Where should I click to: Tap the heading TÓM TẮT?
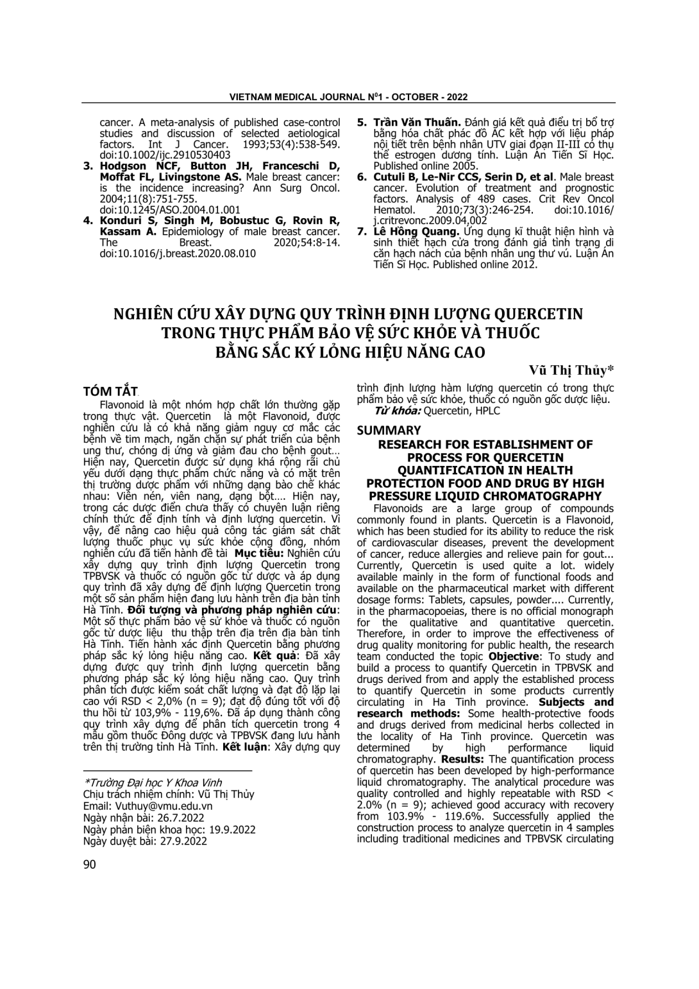coord(111,391)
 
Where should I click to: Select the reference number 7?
coord(361,231)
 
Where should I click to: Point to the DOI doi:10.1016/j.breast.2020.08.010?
coord(178,253)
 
